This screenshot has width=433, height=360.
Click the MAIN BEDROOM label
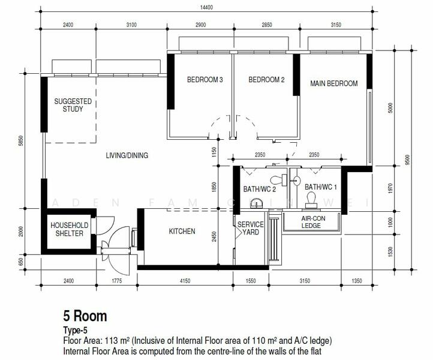[x=334, y=83]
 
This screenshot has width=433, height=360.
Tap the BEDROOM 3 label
[x=205, y=80]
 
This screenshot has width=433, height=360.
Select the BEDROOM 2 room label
[x=266, y=80]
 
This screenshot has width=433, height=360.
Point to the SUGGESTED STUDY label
[x=73, y=105]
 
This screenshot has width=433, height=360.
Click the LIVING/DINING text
[x=127, y=155]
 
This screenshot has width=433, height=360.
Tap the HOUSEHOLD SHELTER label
[x=70, y=229]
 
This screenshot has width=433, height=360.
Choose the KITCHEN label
[x=182, y=231]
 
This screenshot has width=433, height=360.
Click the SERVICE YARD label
[x=251, y=228]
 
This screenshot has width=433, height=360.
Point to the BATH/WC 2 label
[x=260, y=189]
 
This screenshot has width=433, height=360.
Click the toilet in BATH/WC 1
[x=311, y=200]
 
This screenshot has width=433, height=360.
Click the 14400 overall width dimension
[x=206, y=7]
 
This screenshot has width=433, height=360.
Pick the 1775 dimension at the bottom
[x=117, y=281]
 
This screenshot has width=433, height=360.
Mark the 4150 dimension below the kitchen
[x=185, y=281]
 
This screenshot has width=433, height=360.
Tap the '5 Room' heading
[x=85, y=316]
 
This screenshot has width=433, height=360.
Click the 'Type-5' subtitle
[x=75, y=330]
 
